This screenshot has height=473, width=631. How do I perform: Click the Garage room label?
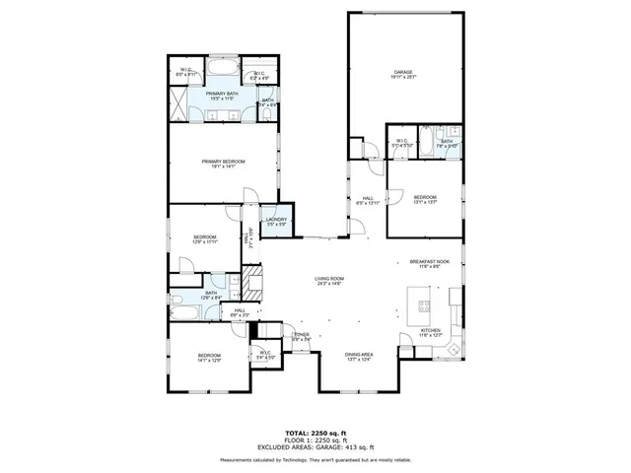click(x=402, y=72)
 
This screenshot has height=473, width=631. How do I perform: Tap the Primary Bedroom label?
click(x=223, y=162)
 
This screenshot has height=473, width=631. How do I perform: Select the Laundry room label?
click(x=276, y=220)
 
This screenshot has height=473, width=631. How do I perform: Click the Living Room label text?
click(x=328, y=281)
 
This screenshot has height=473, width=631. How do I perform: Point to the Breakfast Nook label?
click(x=429, y=261)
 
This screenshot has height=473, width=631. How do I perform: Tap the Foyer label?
click(x=301, y=335)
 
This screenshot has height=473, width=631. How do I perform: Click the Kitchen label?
click(x=432, y=330)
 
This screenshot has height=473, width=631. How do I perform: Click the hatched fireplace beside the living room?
click(x=253, y=287)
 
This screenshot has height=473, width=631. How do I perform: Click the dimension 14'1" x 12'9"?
click(x=209, y=361)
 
